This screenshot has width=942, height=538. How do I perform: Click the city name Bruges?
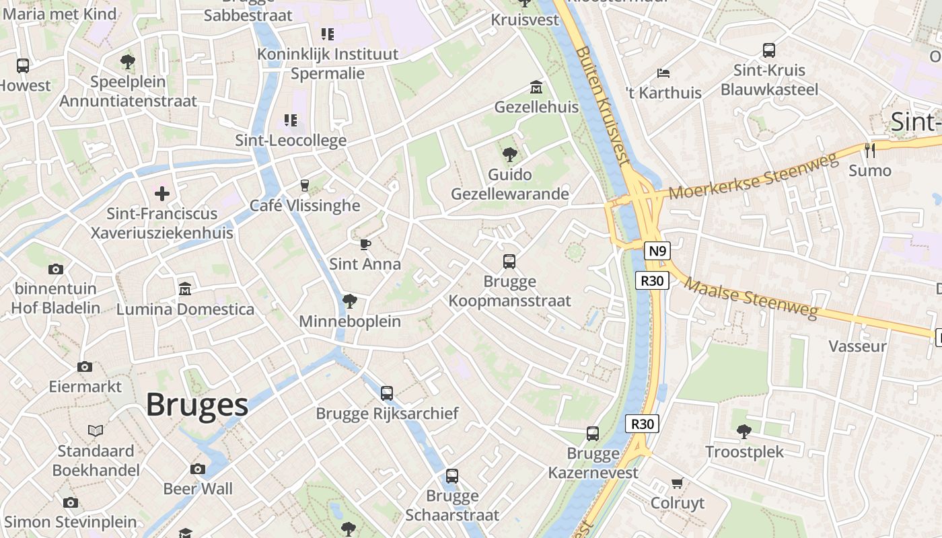tap(197, 405)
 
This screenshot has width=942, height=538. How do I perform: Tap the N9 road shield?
tap(657, 252)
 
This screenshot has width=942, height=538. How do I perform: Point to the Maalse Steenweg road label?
tap(751, 297)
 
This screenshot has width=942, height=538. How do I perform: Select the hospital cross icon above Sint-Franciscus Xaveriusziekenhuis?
tap(162, 194)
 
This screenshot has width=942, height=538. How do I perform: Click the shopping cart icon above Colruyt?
tap(678, 483)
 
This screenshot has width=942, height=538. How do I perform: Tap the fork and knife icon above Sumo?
tap(870, 150)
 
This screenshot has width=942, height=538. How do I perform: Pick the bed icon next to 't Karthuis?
tap(663, 73)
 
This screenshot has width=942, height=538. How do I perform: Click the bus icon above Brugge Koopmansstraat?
tap(509, 262)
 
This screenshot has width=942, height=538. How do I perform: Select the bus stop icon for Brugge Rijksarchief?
tap(387, 393)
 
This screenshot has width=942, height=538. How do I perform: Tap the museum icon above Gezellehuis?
tap(536, 87)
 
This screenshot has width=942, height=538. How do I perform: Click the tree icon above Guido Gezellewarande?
tap(510, 155)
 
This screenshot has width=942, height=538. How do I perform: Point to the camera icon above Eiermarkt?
tap(85, 367)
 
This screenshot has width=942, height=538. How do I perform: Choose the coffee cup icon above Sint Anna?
tap(365, 244)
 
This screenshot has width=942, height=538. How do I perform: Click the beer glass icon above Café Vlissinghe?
tap(305, 186)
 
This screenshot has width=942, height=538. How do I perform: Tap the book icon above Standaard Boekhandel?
tap(96, 430)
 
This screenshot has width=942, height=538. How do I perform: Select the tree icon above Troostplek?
tap(744, 431)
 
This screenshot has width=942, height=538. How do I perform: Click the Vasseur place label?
tap(857, 346)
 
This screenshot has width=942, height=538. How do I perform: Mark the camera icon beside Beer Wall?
tap(198, 469)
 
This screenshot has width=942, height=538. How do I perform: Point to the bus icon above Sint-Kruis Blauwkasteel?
tap(769, 50)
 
